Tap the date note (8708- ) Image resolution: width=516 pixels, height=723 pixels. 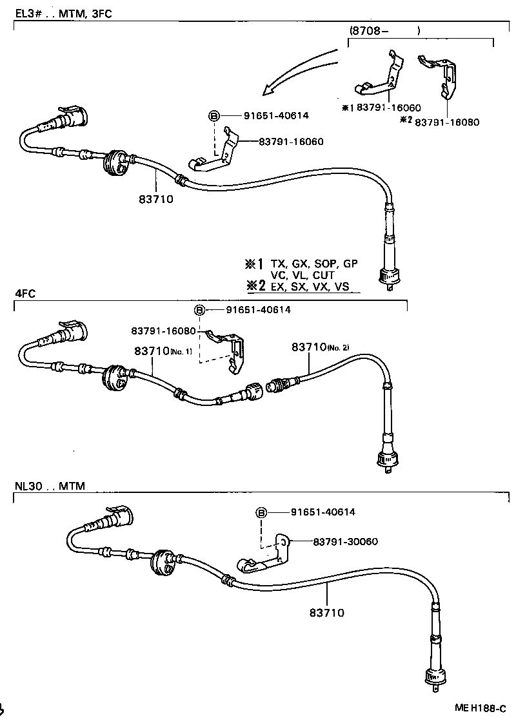point(385,30)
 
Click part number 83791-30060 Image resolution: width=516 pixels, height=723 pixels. point(346,541)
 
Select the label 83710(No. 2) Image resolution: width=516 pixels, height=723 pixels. point(320,347)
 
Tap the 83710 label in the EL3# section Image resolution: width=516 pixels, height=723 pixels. point(156,199)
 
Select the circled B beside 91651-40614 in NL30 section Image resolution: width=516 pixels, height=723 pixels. point(261,512)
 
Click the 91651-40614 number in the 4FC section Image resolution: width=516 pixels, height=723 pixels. point(258,310)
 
